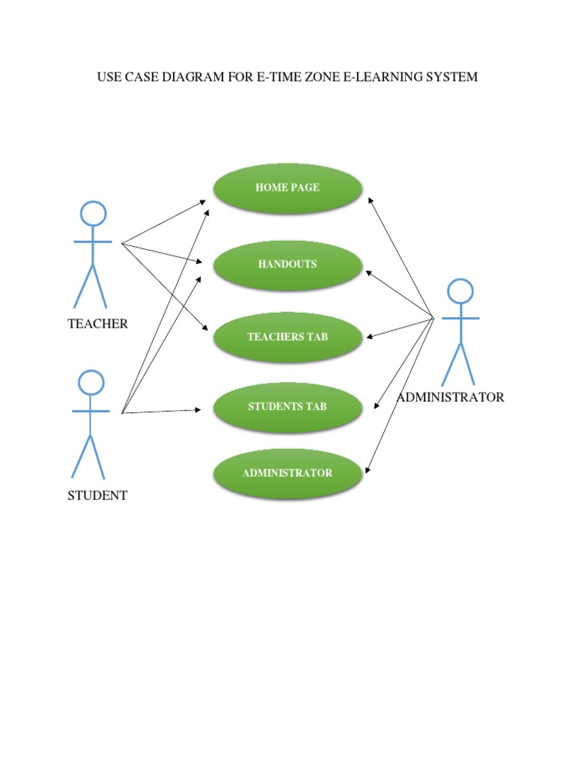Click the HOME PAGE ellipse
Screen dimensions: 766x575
click(287, 188)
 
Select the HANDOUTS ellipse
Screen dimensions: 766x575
click(287, 265)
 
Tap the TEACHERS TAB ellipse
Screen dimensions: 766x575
click(287, 337)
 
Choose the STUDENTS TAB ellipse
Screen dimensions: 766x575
click(287, 407)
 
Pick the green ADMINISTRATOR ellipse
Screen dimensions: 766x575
click(287, 474)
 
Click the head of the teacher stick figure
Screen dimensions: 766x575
click(93, 213)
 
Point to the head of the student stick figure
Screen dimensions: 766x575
click(91, 382)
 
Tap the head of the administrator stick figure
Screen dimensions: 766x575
click(460, 291)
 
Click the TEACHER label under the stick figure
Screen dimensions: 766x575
click(97, 324)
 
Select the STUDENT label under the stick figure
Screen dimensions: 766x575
click(97, 495)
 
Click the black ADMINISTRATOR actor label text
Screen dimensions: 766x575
click(450, 397)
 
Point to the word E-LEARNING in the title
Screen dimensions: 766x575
click(382, 77)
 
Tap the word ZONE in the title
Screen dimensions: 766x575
click(320, 77)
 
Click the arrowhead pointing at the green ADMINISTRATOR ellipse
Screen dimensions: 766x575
click(368, 471)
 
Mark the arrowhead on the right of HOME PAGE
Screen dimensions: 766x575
click(370, 200)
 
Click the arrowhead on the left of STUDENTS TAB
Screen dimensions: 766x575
click(198, 409)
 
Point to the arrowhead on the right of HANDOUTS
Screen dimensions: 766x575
click(369, 272)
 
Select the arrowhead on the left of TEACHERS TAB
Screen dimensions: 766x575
click(204, 329)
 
